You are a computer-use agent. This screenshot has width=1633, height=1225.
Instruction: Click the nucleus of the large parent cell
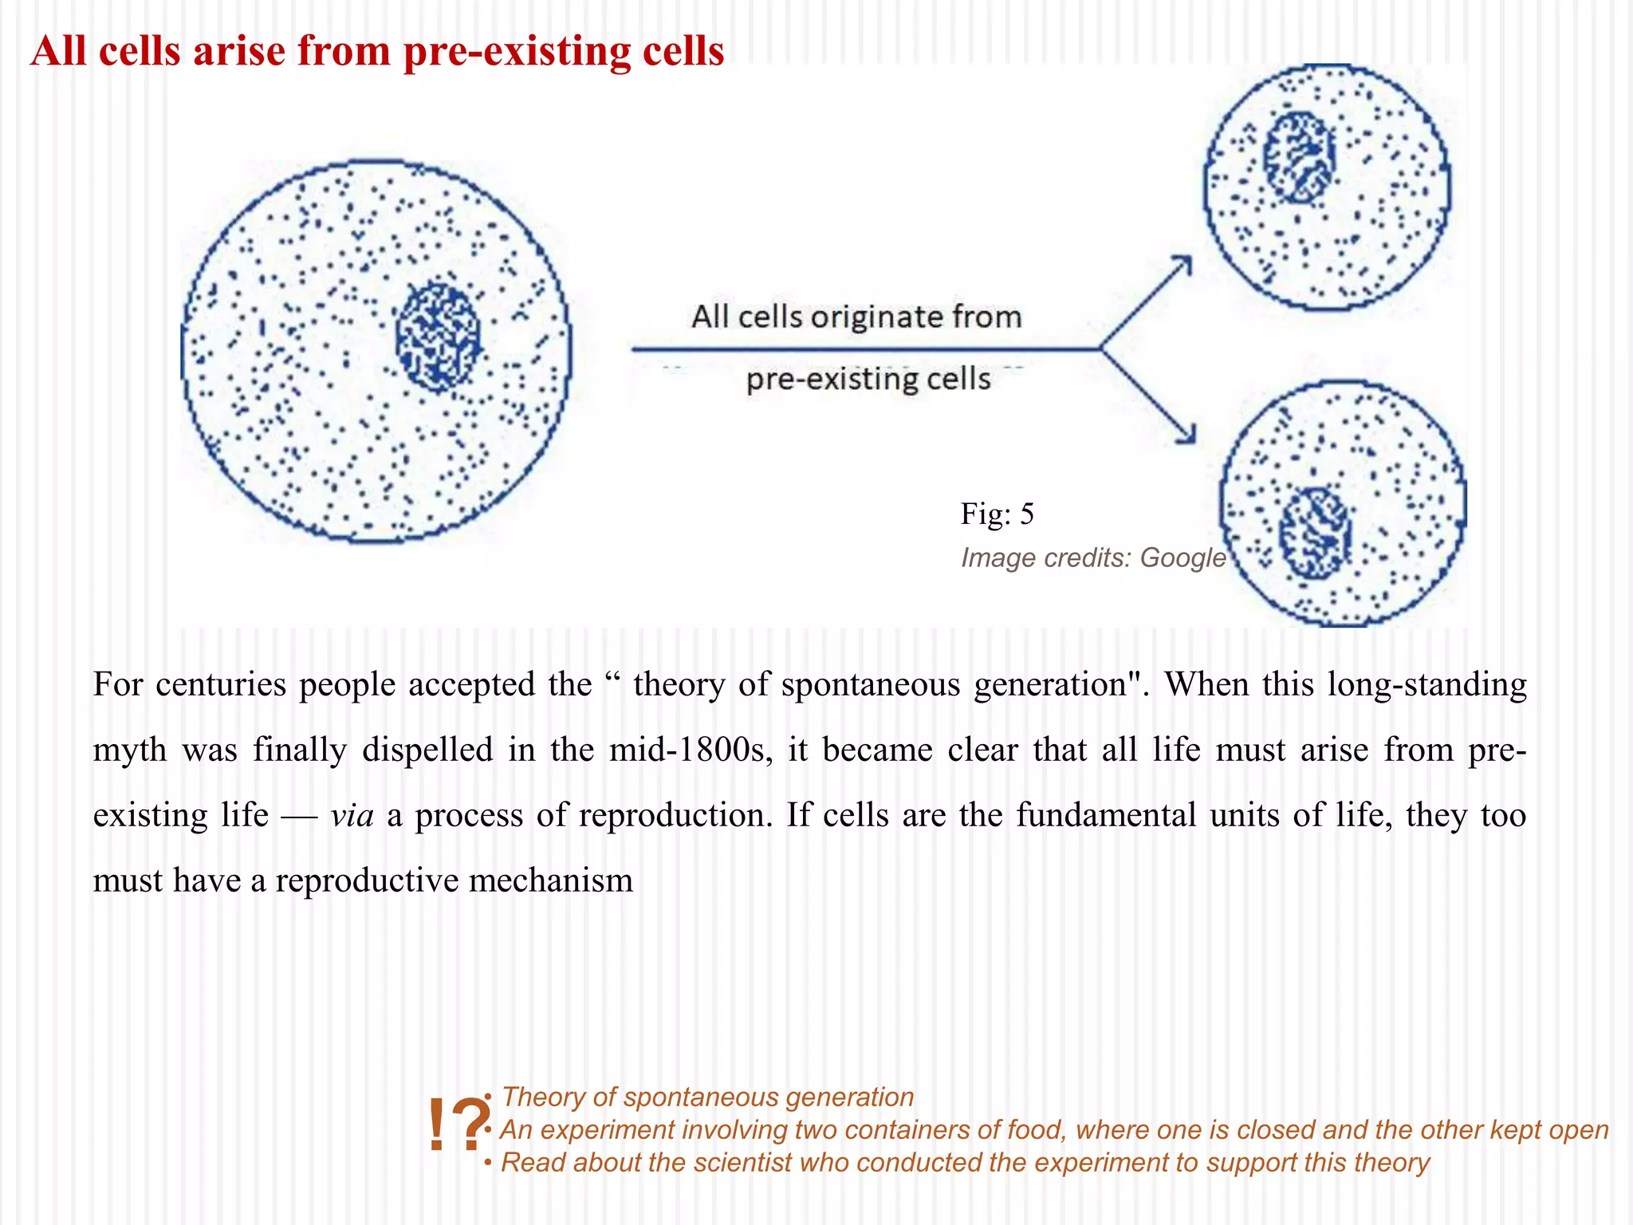(x=438, y=337)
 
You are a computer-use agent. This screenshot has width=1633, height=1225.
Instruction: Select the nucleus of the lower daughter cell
(x=1315, y=534)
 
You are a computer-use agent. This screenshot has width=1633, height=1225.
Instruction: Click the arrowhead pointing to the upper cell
(x=1185, y=262)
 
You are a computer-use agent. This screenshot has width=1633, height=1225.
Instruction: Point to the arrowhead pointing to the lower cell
(x=1188, y=435)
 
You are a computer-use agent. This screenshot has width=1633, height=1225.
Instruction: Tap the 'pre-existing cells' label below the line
(x=868, y=379)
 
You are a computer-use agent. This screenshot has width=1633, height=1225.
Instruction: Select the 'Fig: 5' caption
(x=997, y=514)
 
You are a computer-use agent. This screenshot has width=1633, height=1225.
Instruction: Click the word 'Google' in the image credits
(x=1182, y=557)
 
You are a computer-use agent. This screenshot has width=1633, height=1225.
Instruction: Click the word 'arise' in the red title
(x=239, y=51)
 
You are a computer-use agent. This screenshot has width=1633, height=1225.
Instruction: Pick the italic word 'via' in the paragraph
(x=352, y=815)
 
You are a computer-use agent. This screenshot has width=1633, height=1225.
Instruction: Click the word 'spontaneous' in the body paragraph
(x=871, y=684)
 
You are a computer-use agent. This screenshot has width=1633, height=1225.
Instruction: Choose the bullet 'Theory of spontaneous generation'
(x=707, y=1097)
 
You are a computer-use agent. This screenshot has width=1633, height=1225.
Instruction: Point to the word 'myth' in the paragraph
(x=130, y=750)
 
